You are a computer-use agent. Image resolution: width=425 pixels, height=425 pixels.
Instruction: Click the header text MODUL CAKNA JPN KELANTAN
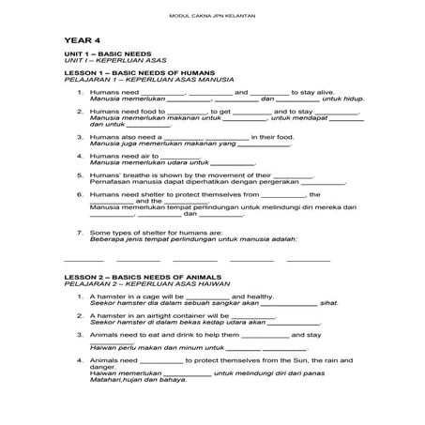tap(212, 16)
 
